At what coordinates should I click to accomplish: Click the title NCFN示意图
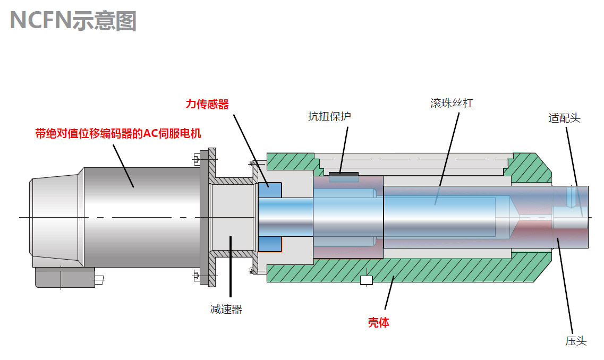(73, 20)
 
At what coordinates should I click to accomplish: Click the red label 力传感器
(207, 105)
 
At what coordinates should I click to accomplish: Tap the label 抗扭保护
(329, 116)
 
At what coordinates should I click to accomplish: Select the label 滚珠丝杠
(452, 103)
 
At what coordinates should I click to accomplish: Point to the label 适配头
(564, 118)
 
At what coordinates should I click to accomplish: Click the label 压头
(576, 341)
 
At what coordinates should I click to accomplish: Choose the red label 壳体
(379, 322)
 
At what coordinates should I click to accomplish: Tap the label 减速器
(226, 310)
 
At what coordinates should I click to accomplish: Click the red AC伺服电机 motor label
(118, 133)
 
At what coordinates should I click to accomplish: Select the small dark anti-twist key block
(343, 174)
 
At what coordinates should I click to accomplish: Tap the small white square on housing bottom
(367, 280)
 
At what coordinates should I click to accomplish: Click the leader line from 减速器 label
(230, 271)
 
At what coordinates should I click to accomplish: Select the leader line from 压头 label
(565, 287)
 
